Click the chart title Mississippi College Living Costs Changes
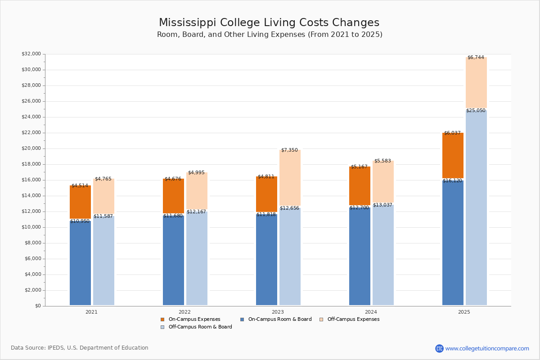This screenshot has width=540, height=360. (x=269, y=23)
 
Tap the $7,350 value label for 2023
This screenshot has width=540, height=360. (x=289, y=150)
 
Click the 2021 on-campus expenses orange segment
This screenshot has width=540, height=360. (x=80, y=202)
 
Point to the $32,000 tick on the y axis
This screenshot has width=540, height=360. (x=31, y=54)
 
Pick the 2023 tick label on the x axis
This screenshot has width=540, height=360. (x=278, y=312)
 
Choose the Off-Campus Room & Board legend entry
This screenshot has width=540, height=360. (x=200, y=327)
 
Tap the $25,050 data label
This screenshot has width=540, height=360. (x=476, y=111)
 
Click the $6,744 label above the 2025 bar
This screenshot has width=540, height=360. (x=476, y=58)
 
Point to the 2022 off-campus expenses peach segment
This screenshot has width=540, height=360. (x=197, y=192)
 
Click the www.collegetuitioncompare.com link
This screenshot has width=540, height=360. (x=487, y=348)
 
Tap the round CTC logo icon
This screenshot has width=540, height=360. (x=439, y=348)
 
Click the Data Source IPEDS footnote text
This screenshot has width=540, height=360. (x=80, y=348)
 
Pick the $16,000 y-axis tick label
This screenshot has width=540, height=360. (x=31, y=180)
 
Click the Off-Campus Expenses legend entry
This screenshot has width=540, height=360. (x=353, y=319)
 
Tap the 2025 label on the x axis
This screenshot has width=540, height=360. (x=464, y=312)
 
